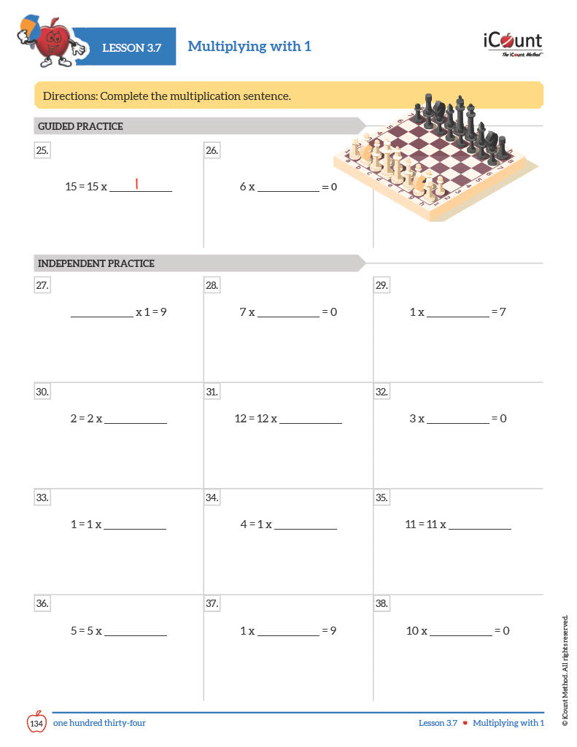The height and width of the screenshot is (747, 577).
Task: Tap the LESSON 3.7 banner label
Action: click(131, 47)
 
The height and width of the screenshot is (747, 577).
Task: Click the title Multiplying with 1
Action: click(249, 47)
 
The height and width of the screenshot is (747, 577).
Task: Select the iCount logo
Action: click(512, 43)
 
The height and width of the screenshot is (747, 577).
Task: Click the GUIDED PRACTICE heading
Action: click(80, 126)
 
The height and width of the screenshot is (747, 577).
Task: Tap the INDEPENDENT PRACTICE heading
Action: click(96, 263)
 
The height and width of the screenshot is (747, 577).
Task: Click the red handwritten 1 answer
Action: click(136, 184)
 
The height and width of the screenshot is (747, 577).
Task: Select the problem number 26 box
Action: click(212, 151)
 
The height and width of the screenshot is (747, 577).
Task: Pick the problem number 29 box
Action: click(382, 285)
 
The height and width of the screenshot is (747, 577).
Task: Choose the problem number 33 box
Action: click(42, 498)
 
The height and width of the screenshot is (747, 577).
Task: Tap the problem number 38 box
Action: click(382, 603)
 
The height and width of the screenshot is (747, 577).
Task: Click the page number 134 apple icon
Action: click(37, 721)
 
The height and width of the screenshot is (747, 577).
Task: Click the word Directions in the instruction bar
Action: click(69, 96)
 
